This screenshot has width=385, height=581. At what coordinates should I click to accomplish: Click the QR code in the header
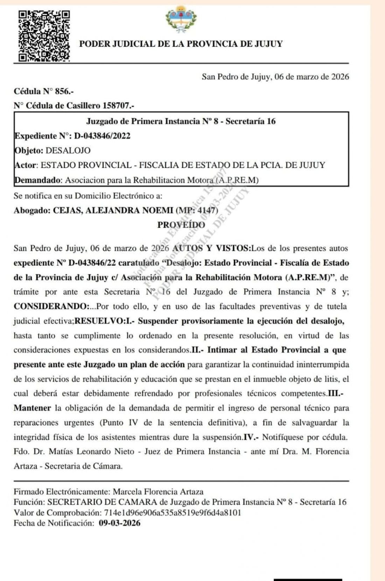click(44, 35)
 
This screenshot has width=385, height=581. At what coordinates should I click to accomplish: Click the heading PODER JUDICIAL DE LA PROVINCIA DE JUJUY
click(181, 44)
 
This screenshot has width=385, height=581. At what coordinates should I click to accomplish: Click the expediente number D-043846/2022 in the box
click(102, 136)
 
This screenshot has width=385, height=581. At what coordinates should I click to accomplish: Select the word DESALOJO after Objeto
click(68, 150)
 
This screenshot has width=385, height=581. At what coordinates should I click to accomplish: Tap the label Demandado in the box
click(37, 180)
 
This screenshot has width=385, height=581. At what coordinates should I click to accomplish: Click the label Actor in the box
click(26, 165)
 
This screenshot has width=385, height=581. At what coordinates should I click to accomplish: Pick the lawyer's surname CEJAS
click(67, 210)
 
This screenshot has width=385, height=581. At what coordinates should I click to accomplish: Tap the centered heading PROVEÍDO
click(181, 225)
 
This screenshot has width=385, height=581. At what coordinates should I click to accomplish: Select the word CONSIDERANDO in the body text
click(51, 306)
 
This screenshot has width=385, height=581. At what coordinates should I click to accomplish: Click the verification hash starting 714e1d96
click(173, 513)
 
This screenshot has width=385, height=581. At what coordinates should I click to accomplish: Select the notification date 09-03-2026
click(119, 523)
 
